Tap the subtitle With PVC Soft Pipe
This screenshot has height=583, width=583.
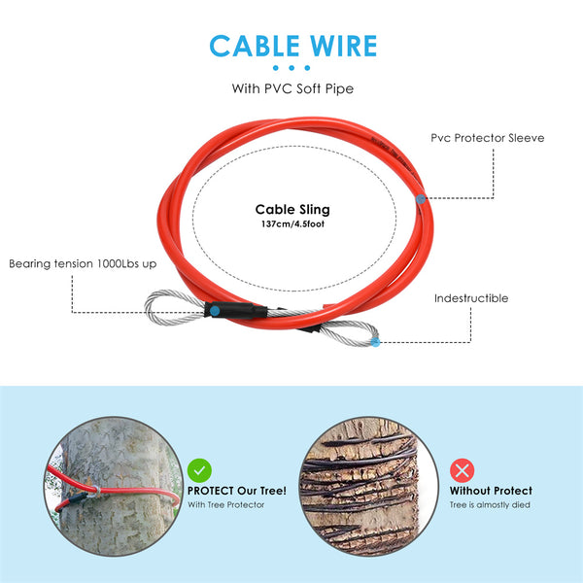tap(291, 88)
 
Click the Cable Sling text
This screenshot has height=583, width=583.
tap(292, 209)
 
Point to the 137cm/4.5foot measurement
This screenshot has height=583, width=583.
tap(292, 224)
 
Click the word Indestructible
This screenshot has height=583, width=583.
tap(471, 298)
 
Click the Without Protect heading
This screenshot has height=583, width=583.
tap(491, 491)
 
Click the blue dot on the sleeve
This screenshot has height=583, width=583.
tap(419, 197)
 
